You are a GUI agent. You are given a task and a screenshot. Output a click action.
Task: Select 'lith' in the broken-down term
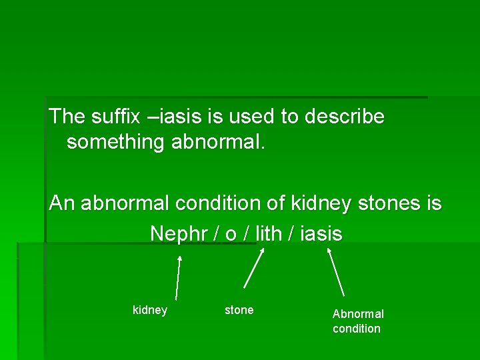[269, 234]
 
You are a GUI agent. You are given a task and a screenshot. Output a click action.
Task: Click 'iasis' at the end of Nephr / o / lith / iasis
[321, 234]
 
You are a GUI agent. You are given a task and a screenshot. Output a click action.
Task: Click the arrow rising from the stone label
[253, 269]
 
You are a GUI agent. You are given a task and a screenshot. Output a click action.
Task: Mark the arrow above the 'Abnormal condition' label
[335, 272]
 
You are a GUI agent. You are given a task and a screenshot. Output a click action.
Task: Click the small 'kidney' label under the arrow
[150, 310]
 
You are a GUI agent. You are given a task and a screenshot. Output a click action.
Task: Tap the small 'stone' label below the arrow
[239, 310]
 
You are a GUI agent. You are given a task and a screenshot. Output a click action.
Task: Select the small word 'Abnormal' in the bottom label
[358, 314]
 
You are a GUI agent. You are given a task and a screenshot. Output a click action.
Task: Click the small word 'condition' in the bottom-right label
[357, 329]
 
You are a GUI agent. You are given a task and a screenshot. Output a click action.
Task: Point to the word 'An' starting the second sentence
[62, 203]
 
